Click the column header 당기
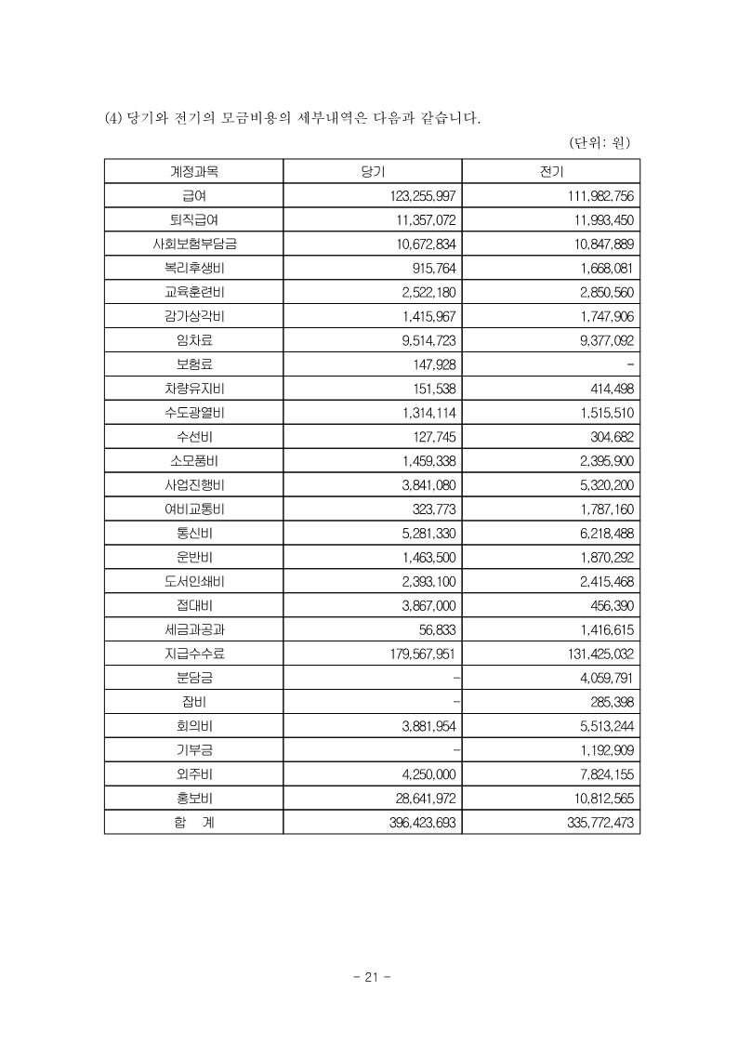click(x=372, y=172)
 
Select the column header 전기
click(x=550, y=172)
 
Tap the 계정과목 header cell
click(x=193, y=172)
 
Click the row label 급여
click(x=193, y=196)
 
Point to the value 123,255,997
click(x=418, y=196)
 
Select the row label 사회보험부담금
click(x=193, y=244)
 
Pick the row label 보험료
click(x=193, y=364)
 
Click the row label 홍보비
click(x=193, y=798)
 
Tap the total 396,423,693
click(x=418, y=822)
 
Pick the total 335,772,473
click(x=597, y=822)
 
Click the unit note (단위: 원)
click(x=600, y=142)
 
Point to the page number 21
click(x=372, y=977)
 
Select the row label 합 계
click(x=193, y=822)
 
